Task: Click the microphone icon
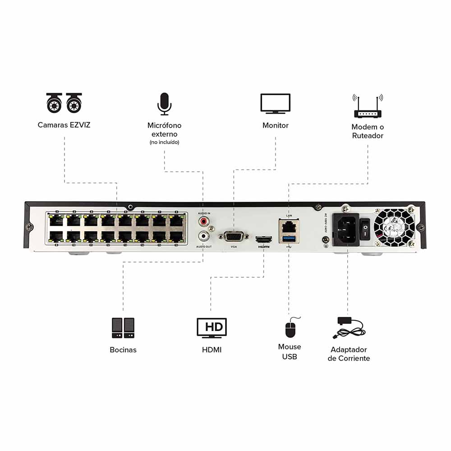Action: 164,104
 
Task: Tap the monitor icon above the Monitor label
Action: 275,104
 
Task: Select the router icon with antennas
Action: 368,106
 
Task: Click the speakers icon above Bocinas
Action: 123,328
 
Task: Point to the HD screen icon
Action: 212,327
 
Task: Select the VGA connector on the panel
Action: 234,236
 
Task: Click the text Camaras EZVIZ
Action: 64,125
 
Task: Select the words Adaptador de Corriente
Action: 349,354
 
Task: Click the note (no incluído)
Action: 164,143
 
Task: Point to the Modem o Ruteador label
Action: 368,131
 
